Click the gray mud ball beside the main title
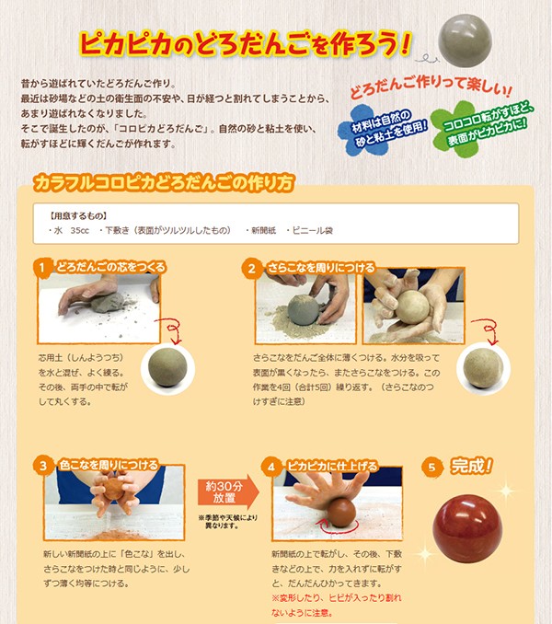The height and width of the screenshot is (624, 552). click(x=465, y=40)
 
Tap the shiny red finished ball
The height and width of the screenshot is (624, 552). click(x=467, y=528)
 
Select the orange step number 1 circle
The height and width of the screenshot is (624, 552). click(x=42, y=268)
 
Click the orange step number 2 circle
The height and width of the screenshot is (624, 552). click(x=252, y=269)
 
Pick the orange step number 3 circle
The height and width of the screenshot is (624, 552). click(x=43, y=466)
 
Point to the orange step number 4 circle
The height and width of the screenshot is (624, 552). click(x=270, y=467)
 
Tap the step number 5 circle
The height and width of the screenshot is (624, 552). click(x=431, y=467)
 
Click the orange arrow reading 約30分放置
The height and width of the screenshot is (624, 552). click(x=228, y=491)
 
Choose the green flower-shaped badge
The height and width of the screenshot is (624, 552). click(x=480, y=128)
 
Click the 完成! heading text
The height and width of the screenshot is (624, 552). click(x=472, y=466)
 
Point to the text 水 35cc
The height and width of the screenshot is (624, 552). click(x=71, y=230)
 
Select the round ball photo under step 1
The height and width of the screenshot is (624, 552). click(x=167, y=368)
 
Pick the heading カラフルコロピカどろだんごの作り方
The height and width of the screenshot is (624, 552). click(x=164, y=183)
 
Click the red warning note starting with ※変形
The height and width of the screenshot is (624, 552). click(x=337, y=606)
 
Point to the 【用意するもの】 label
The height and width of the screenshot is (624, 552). click(x=78, y=215)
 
